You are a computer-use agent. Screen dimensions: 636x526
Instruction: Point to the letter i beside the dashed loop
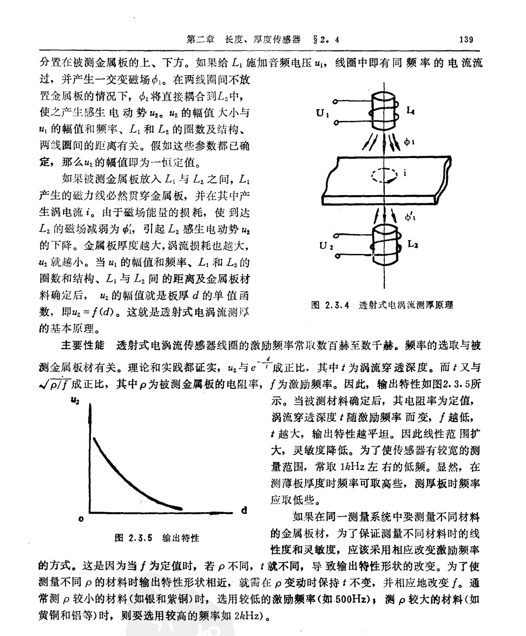point(404,174)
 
